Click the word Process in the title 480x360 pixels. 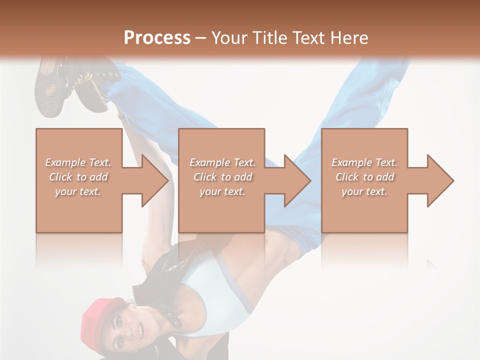point(157,38)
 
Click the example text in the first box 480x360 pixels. point(78,177)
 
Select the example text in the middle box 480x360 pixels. point(222,177)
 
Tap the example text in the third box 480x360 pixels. point(364,177)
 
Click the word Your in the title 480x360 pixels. point(227,38)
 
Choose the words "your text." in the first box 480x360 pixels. point(78,191)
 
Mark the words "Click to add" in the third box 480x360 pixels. point(364,177)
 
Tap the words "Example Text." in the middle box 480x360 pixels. point(222,162)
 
